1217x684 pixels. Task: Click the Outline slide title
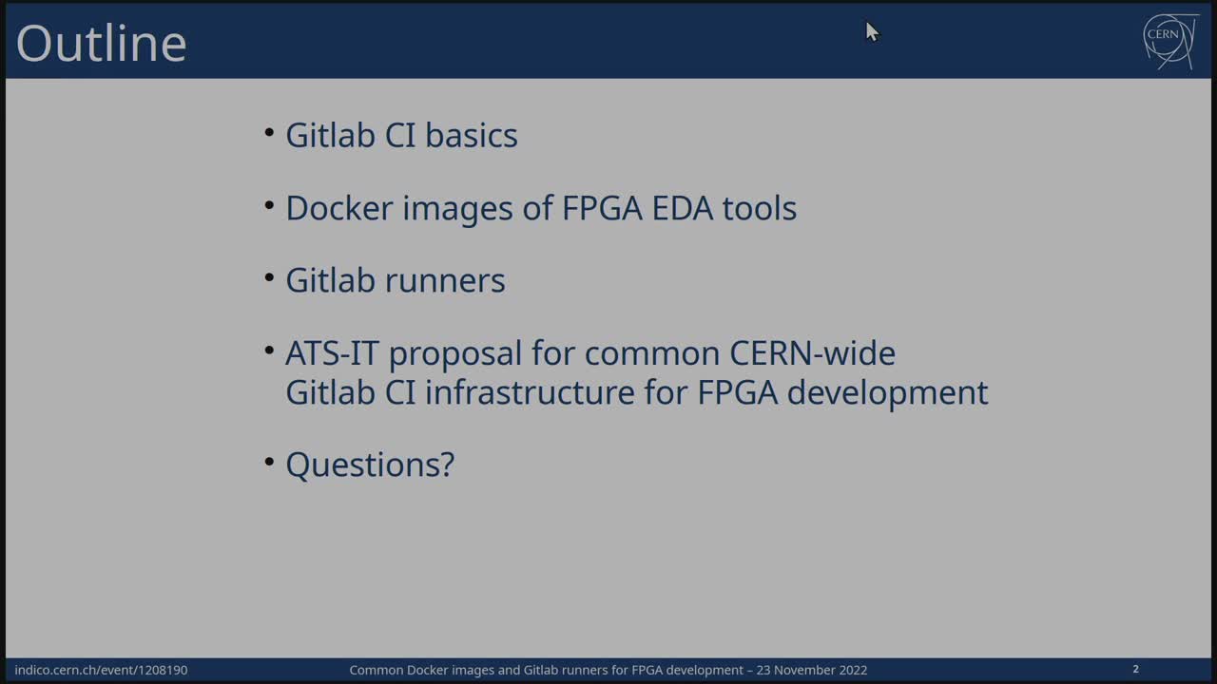pos(102,43)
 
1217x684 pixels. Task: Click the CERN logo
pos(1170,41)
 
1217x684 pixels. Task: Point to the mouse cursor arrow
pos(872,32)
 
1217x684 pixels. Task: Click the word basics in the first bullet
pos(471,135)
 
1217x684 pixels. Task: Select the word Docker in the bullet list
pos(339,208)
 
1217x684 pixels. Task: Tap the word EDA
pos(682,208)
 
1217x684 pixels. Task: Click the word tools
pos(759,208)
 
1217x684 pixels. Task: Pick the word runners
pos(445,280)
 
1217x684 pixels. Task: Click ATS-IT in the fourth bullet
pos(332,353)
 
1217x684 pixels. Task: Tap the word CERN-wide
pos(812,353)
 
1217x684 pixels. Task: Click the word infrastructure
pos(530,392)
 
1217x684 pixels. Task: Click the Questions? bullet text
pos(370,465)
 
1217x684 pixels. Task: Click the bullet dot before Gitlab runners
pos(269,277)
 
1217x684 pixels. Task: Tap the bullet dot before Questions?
pos(269,462)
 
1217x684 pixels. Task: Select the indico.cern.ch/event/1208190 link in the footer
pos(101,670)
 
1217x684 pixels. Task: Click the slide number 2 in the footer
pos(1135,669)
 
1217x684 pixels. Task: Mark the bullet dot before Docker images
pos(269,205)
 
